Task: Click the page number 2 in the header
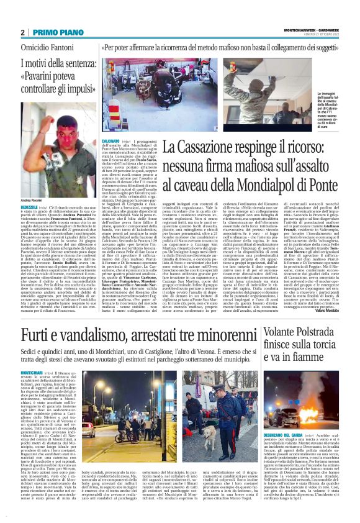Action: point(22,32)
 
